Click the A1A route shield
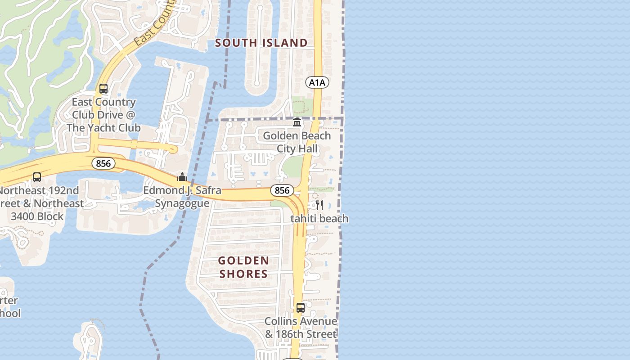[317, 82]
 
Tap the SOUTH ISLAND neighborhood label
[261, 43]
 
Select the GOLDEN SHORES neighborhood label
[244, 267]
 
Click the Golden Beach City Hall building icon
[297, 122]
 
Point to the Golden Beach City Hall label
[297, 142]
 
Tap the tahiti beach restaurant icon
[319, 205]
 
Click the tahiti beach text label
[319, 219]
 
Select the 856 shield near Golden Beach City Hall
[282, 190]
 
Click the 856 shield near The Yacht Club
[103, 163]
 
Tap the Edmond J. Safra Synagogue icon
[182, 177]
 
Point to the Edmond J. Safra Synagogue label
[182, 197]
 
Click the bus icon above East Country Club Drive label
[103, 89]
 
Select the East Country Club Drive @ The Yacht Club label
[103, 115]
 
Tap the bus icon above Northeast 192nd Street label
[37, 177]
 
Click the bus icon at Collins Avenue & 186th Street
[301, 308]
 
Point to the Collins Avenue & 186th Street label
[301, 328]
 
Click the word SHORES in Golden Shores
[244, 274]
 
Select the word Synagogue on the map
[182, 203]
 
